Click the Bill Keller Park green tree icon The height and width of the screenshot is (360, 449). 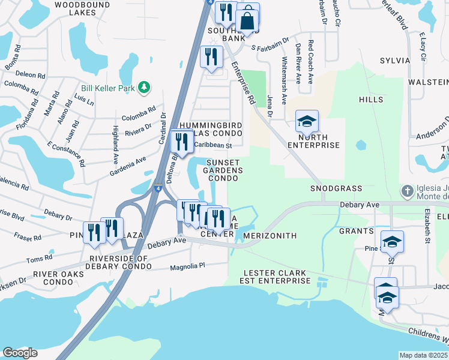(143, 88)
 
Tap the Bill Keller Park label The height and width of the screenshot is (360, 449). (110, 88)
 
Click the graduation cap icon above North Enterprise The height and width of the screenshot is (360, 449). (307, 122)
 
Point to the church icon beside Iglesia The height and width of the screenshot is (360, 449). (408, 191)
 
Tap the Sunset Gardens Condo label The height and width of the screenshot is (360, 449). (224, 170)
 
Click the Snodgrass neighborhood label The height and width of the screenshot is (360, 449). (336, 188)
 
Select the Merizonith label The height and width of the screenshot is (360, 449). (271, 236)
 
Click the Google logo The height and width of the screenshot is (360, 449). (20, 353)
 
